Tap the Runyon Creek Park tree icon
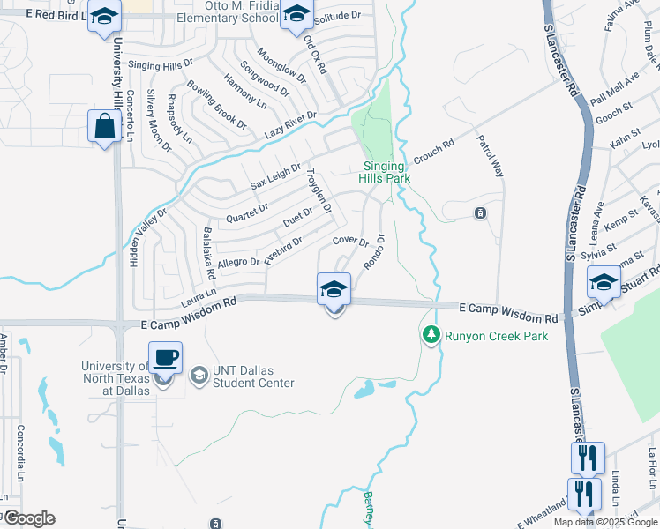coord(431,335)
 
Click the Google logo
coord(28,518)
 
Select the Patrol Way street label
coord(491,155)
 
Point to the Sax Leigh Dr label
coord(276,175)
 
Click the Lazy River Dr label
coord(290,126)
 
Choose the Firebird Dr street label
coord(284,247)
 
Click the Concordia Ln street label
coord(20,454)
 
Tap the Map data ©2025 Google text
coord(605,522)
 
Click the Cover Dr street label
coord(349,241)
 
